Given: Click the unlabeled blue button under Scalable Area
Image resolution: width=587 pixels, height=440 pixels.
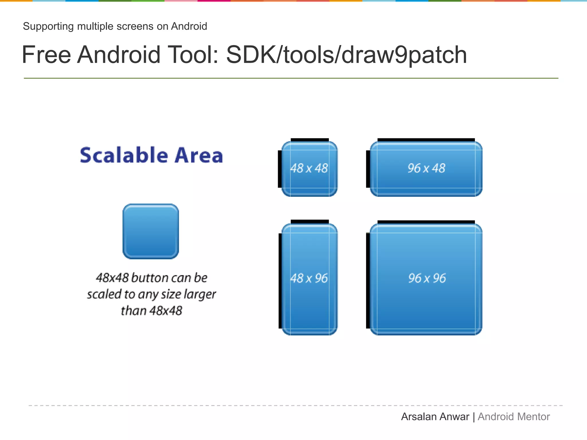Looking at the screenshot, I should click(x=151, y=231).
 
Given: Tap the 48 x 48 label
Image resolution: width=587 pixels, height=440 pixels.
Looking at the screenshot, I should click(x=309, y=168).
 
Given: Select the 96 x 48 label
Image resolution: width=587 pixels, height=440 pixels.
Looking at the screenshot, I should click(x=426, y=168).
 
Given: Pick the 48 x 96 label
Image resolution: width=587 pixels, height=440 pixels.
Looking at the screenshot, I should click(x=309, y=278).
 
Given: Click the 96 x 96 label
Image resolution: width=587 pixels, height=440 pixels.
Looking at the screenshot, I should click(x=427, y=278).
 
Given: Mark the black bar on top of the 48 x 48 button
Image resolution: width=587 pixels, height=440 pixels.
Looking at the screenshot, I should click(x=310, y=140).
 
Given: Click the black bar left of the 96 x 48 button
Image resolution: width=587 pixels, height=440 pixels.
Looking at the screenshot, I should click(x=368, y=169).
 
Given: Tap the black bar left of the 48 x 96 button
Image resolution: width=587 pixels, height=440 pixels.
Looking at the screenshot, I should click(x=280, y=281).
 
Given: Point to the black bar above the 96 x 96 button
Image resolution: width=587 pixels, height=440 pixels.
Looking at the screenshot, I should click(x=426, y=222).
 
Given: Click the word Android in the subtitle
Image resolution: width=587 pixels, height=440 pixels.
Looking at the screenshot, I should click(x=189, y=26).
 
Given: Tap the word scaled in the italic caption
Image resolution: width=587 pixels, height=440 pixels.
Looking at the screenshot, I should click(x=104, y=294).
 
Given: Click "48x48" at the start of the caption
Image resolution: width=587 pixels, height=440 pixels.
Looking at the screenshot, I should click(x=112, y=278).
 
